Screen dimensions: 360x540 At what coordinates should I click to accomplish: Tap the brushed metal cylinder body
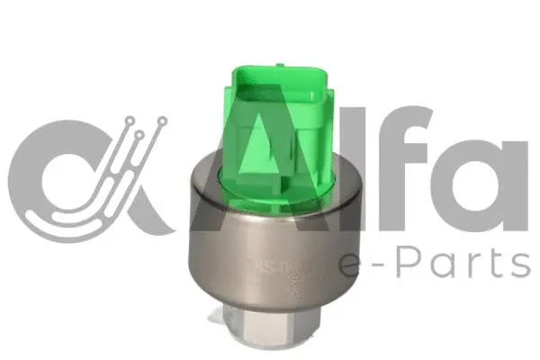(270, 243)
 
